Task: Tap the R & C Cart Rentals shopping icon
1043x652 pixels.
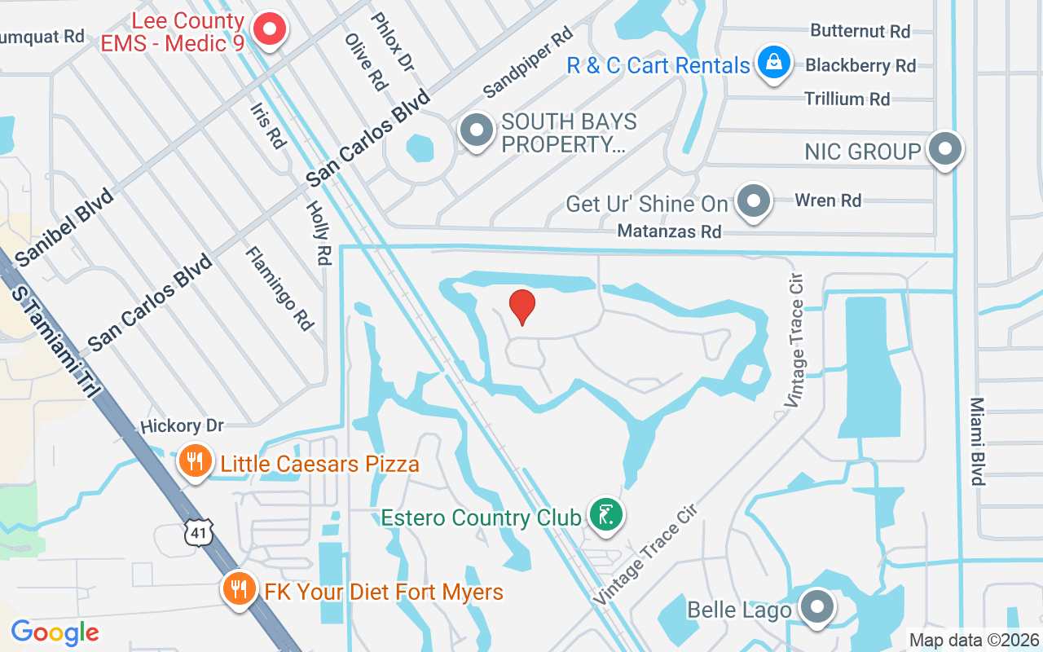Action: click(773, 63)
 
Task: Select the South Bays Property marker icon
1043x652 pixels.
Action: click(477, 130)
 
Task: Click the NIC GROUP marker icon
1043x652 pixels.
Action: click(945, 149)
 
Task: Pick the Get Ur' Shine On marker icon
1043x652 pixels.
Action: click(754, 200)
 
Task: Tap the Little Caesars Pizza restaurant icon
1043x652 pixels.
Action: click(194, 462)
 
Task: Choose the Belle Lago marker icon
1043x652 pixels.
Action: click(815, 608)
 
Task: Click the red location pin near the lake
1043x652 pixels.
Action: click(522, 306)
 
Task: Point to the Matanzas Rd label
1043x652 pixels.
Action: click(669, 231)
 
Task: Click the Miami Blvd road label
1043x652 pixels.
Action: click(978, 441)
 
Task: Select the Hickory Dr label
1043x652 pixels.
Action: click(182, 426)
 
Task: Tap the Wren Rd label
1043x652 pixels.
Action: click(828, 200)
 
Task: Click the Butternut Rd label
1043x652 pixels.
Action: click(860, 31)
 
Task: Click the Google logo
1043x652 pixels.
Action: click(55, 632)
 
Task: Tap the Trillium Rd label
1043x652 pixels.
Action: click(847, 99)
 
